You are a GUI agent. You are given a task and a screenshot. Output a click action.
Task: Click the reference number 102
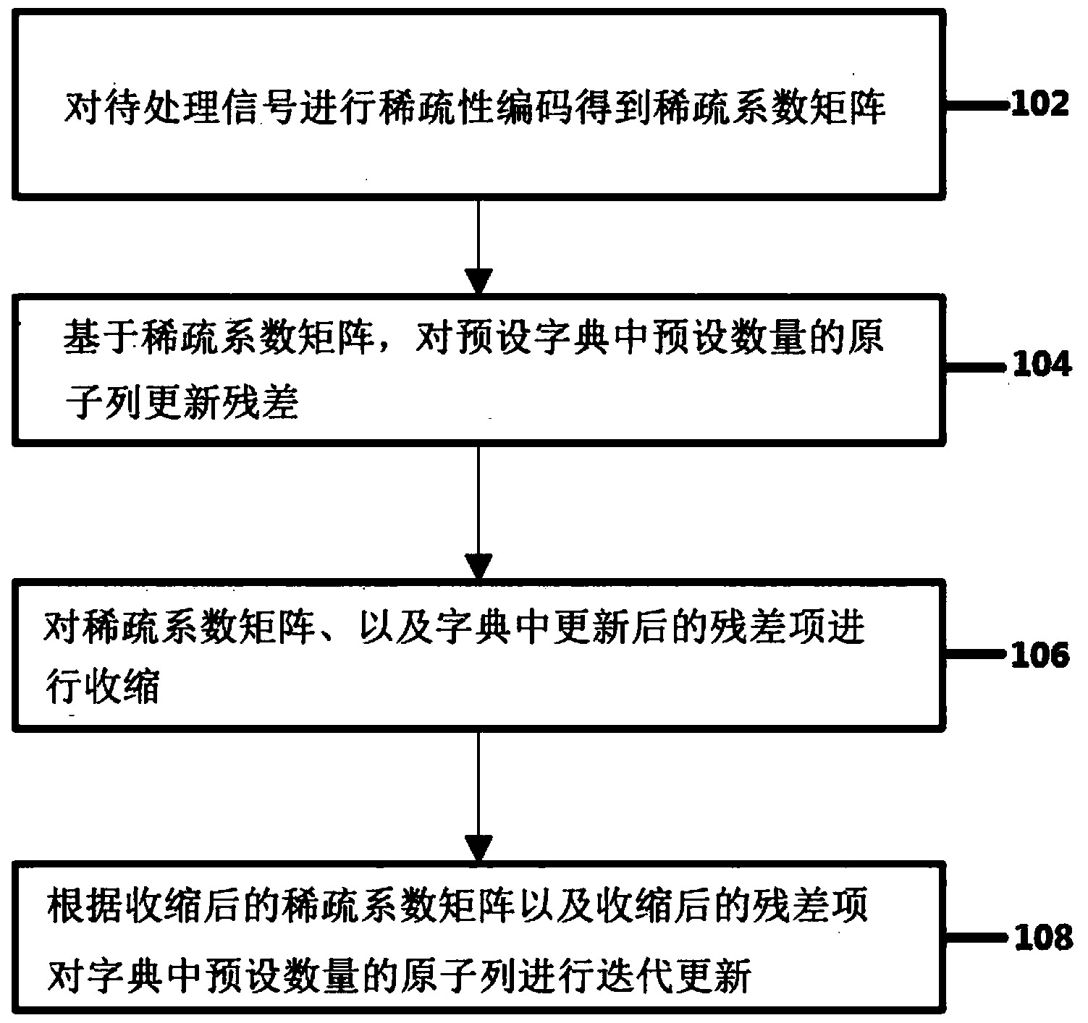click(1039, 105)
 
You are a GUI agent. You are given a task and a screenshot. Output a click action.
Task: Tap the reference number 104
click(1041, 365)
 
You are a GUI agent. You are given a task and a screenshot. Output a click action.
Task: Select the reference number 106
click(1039, 655)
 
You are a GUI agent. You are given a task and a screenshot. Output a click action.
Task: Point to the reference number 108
click(1041, 938)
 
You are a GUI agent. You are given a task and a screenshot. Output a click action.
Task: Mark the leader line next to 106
click(977, 655)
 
